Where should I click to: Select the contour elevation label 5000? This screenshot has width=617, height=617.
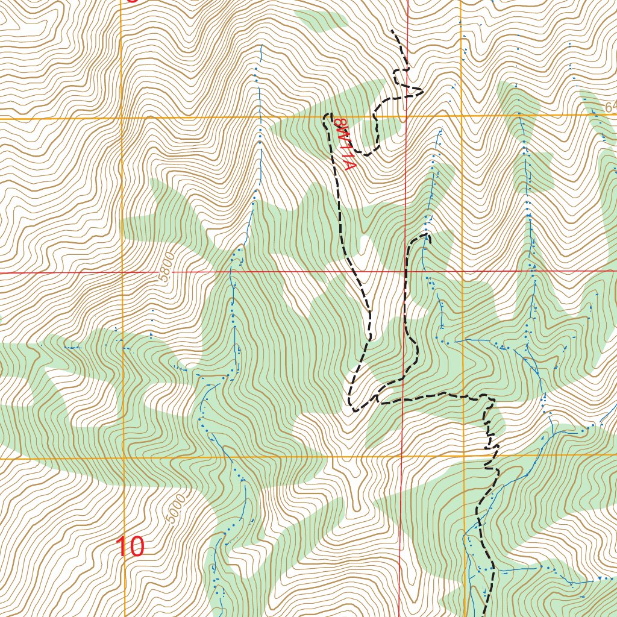(172, 513)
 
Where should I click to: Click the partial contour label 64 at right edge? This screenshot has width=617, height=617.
(610, 107)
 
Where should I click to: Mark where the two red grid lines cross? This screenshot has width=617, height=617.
(405, 271)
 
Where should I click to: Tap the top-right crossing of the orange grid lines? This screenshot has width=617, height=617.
(462, 115)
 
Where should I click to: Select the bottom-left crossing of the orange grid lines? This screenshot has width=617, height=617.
(124, 459)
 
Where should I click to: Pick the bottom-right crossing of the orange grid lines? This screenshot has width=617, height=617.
(463, 456)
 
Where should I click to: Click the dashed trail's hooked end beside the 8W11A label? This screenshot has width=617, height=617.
(327, 114)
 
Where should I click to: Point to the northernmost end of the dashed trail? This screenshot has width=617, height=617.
(392, 30)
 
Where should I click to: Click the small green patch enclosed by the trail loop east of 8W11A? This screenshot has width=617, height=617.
(386, 127)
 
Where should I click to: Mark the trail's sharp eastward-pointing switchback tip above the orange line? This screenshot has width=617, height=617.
(422, 92)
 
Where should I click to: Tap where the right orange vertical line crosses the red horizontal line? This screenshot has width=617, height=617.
(462, 271)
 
